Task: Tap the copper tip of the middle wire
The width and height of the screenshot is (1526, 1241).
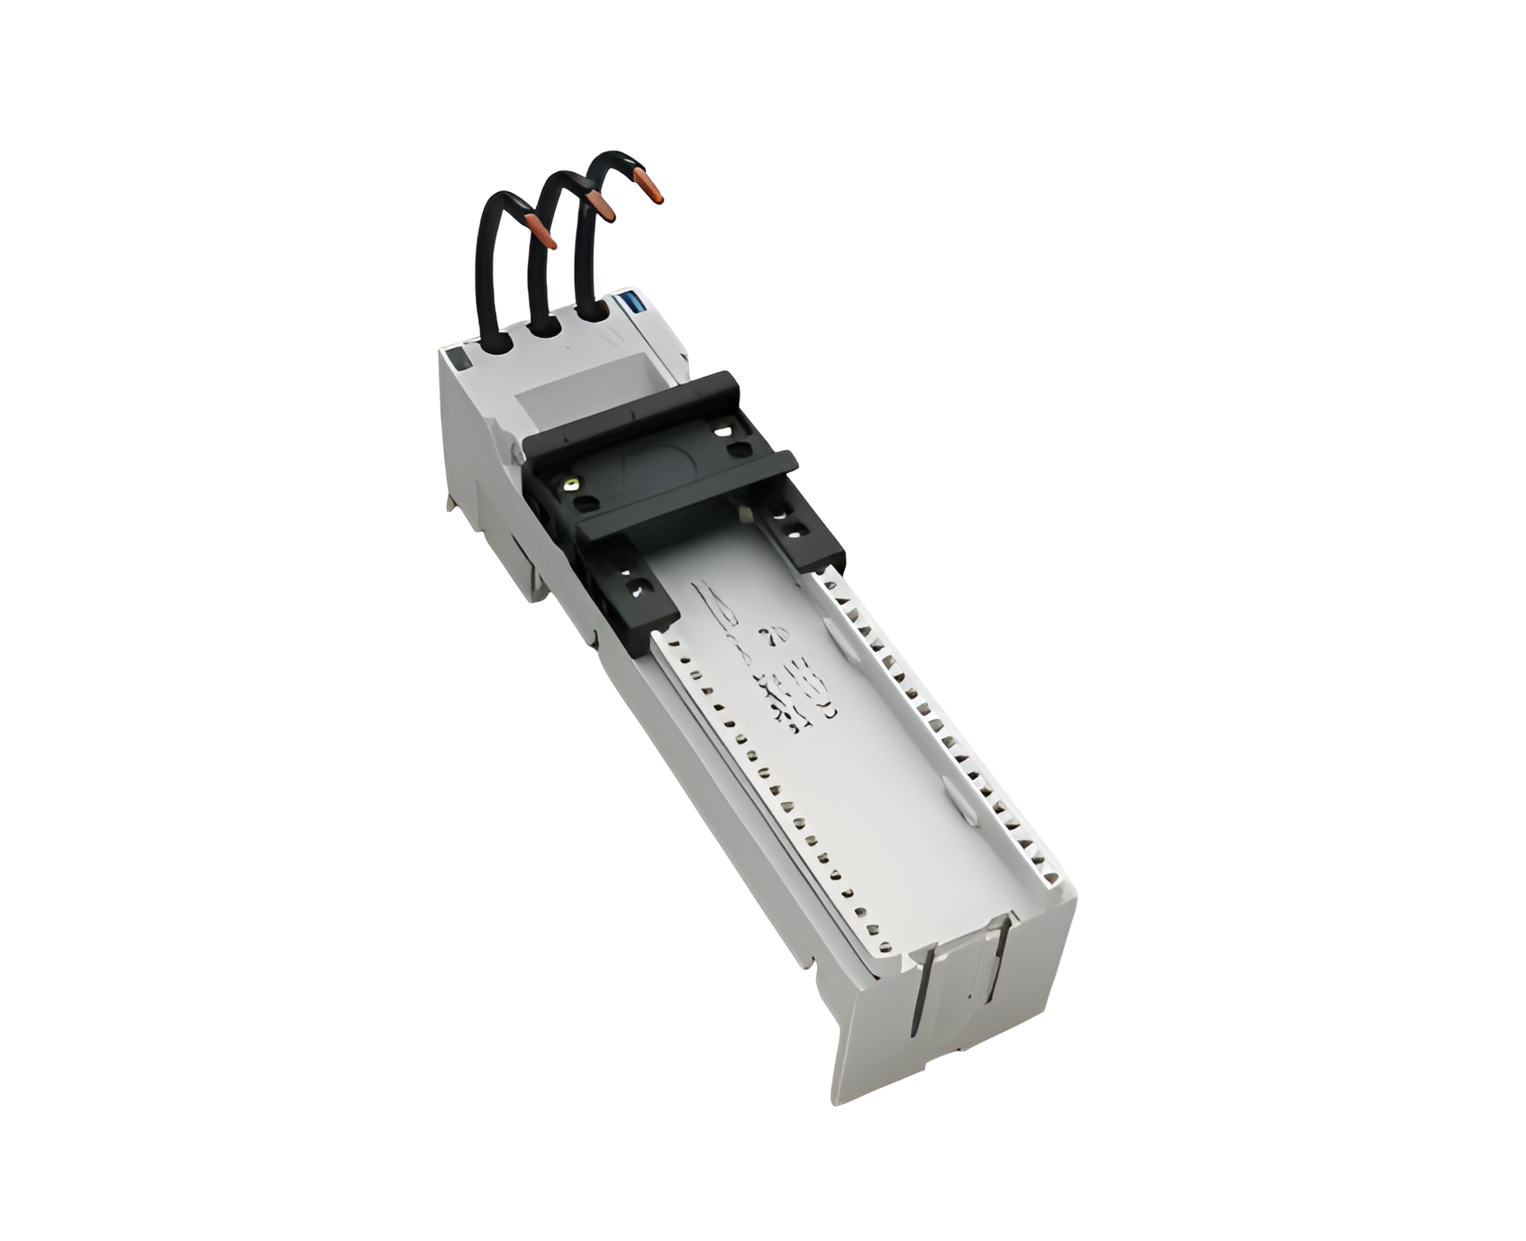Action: tap(601, 206)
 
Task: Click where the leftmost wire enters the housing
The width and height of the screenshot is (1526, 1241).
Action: tap(494, 342)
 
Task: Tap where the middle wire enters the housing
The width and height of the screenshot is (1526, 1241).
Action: tap(543, 324)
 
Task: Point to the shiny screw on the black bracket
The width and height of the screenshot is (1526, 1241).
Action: tap(569, 486)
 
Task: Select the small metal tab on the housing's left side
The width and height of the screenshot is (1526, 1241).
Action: tap(450, 502)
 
